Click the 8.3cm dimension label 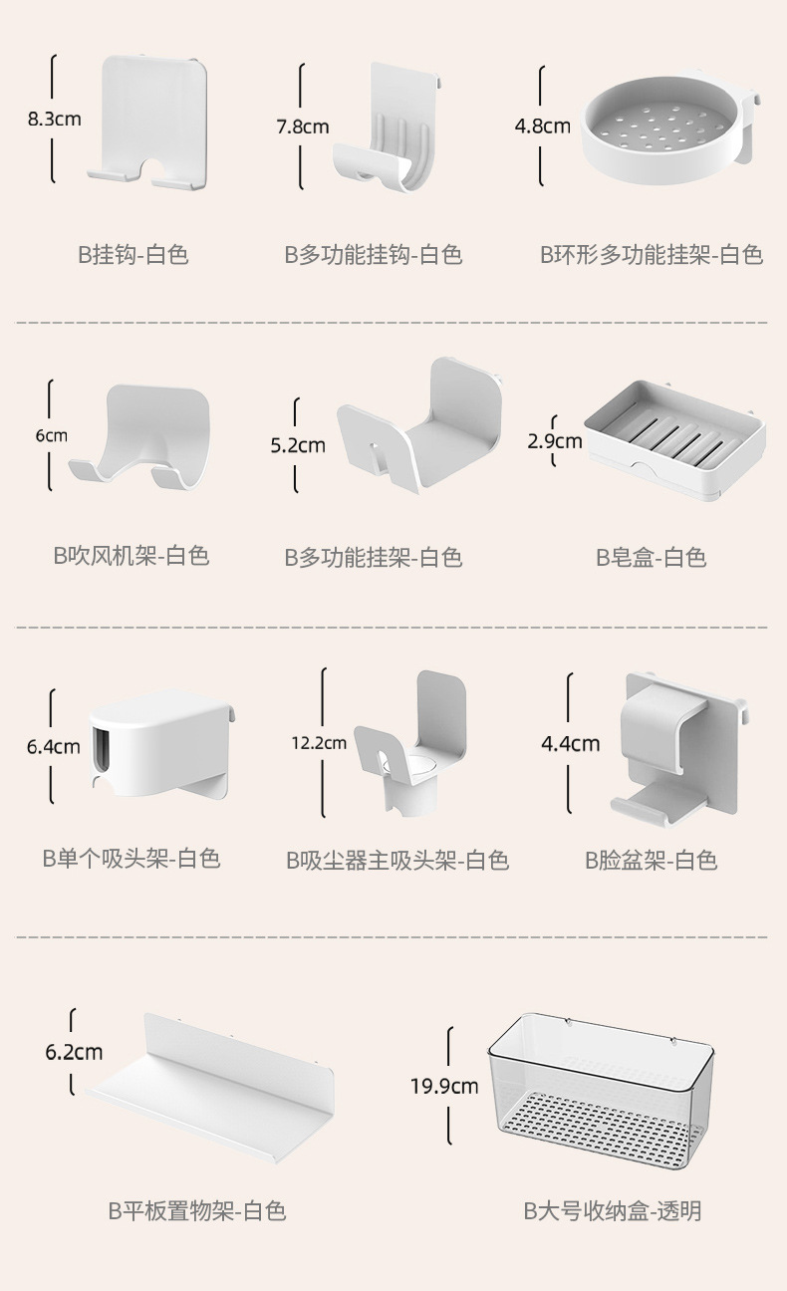tap(54, 120)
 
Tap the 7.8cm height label tap(302, 127)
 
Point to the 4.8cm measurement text tap(542, 127)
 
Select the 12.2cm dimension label tap(319, 742)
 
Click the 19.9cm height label tap(444, 1086)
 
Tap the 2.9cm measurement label tap(554, 439)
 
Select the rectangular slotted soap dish tap(674, 438)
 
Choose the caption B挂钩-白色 tap(133, 255)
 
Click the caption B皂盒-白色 tap(652, 558)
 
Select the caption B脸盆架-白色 tap(652, 860)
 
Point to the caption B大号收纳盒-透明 tap(613, 1211)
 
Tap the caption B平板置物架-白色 tap(197, 1211)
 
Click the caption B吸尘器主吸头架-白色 tap(397, 860)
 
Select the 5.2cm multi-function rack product tap(418, 428)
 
